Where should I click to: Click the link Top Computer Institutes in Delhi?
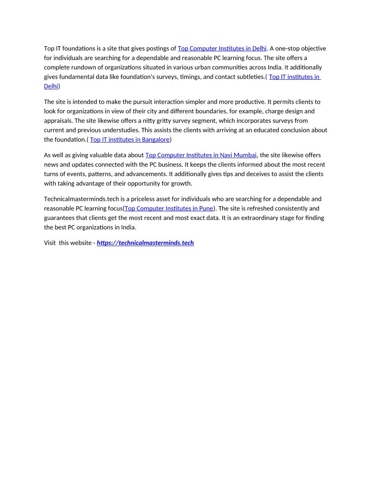(x=222, y=49)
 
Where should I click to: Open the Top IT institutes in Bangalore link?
(x=130, y=139)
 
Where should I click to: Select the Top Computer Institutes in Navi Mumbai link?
(x=201, y=155)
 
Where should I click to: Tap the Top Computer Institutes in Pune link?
(x=169, y=209)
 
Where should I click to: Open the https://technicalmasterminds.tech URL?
(x=145, y=243)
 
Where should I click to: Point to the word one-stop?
(x=289, y=49)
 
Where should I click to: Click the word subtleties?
(x=249, y=77)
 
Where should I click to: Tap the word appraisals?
(x=59, y=121)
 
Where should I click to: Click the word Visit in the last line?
(x=49, y=243)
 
